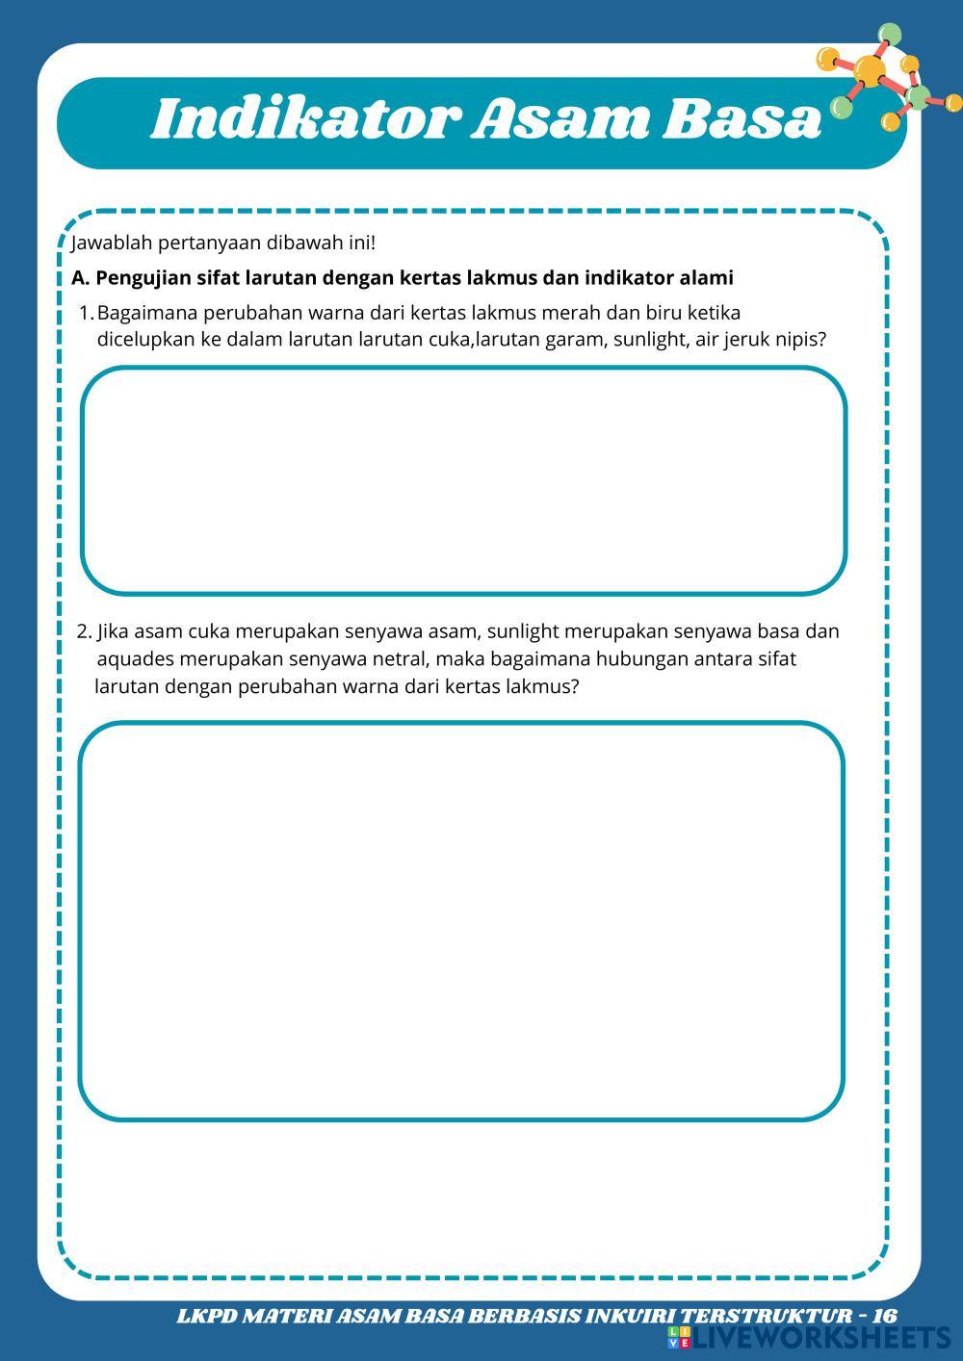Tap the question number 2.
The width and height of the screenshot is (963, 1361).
click(84, 632)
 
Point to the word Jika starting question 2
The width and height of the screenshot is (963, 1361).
click(113, 632)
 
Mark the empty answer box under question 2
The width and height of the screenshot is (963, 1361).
click(461, 921)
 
